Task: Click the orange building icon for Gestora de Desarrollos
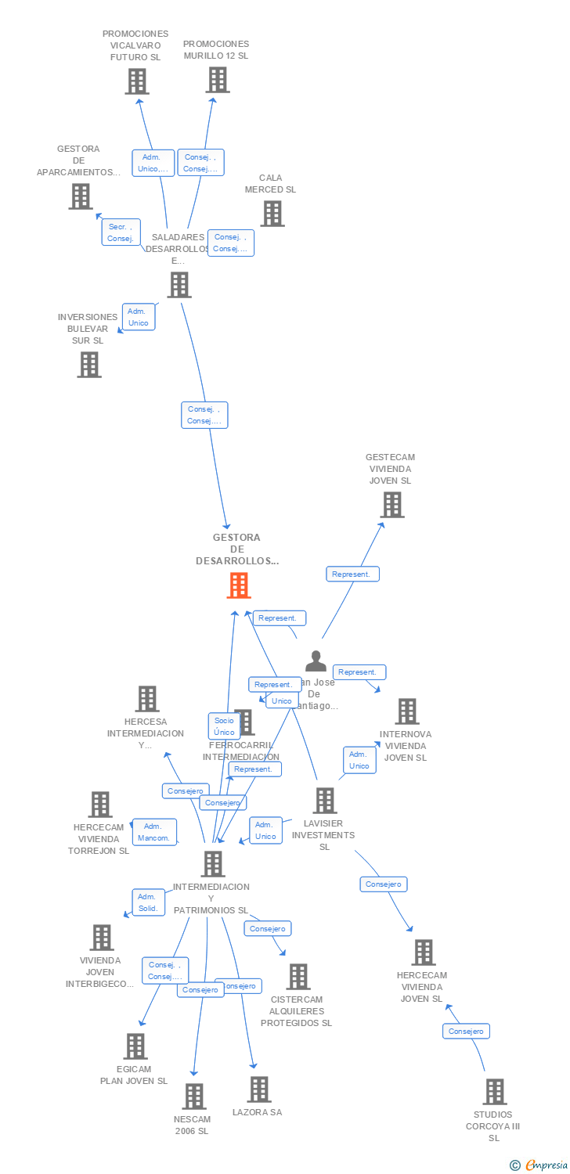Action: point(239,585)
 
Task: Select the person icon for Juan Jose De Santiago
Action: point(316,661)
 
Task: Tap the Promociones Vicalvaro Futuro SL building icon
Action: point(136,81)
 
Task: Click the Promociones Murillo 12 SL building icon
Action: point(218,80)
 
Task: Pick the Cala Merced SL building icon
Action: point(272,214)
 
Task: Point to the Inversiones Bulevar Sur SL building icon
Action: point(89,365)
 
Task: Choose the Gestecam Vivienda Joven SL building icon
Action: point(391,505)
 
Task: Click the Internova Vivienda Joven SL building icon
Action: point(406,711)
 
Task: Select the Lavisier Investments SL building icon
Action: point(325,801)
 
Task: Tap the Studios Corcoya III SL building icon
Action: point(494,1092)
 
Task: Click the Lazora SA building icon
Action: point(258,1089)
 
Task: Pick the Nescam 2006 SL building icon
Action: point(194,1097)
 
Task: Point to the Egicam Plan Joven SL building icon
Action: point(135,1046)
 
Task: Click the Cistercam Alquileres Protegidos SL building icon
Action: point(298,977)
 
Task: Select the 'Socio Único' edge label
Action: point(224,726)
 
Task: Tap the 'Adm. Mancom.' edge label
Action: point(154,832)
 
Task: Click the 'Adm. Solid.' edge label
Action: point(148,902)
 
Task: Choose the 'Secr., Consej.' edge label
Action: point(121,232)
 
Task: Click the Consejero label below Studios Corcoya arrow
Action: point(467,1032)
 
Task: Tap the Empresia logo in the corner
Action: point(539,1165)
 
